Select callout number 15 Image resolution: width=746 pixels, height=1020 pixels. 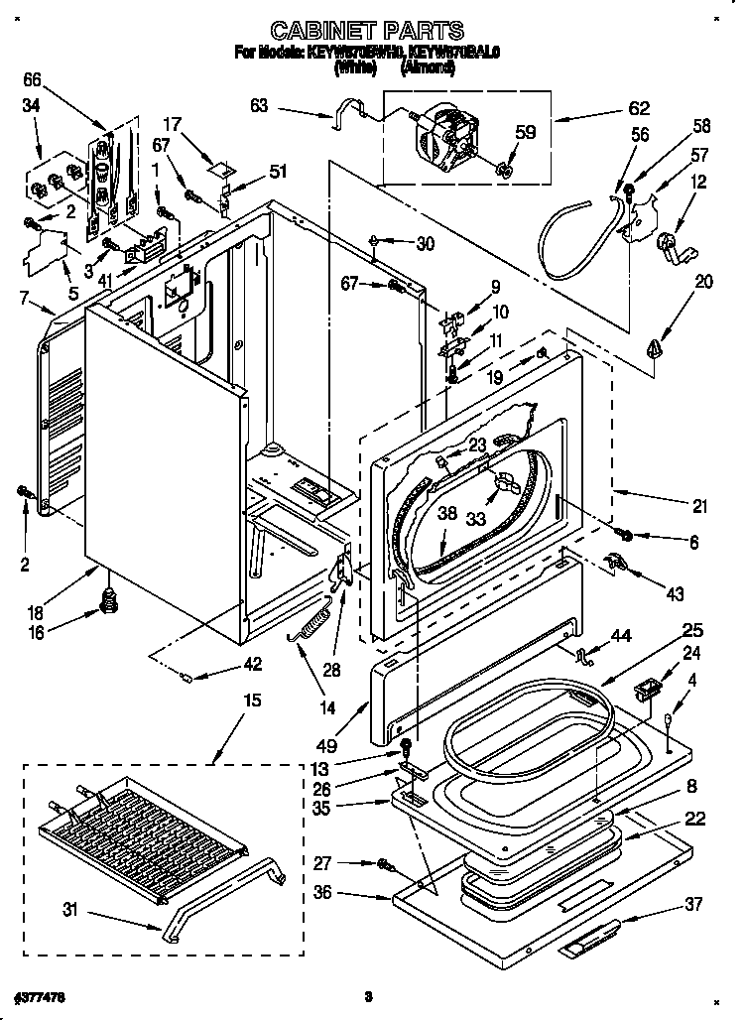coord(252,701)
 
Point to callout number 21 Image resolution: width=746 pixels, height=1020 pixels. coord(700,506)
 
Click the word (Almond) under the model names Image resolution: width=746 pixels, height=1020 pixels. coord(429,68)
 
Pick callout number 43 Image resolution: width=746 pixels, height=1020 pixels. coord(675,594)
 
